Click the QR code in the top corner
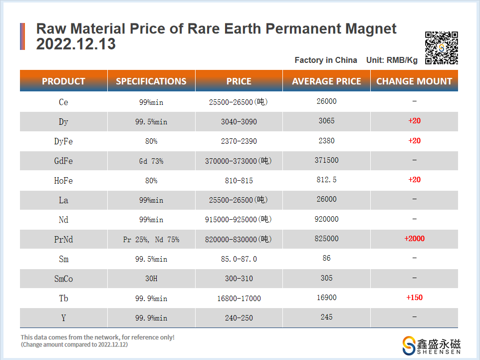pyautogui.click(x=441, y=48)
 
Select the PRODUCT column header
pyautogui.click(x=63, y=81)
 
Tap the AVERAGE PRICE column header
pyautogui.click(x=326, y=81)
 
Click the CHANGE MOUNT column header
pyautogui.click(x=414, y=81)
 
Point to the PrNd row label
pyautogui.click(x=63, y=240)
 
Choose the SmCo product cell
pyautogui.click(x=63, y=279)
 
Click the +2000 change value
pyautogui.click(x=414, y=239)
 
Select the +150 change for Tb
pyautogui.click(x=414, y=298)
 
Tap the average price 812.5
pyautogui.click(x=327, y=180)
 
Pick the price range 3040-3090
pyautogui.click(x=239, y=122)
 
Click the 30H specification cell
pyautogui.click(x=151, y=279)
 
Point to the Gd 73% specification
pyautogui.click(x=151, y=161)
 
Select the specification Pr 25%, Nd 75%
pyautogui.click(x=151, y=240)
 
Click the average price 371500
pyautogui.click(x=327, y=160)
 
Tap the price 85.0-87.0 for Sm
pyautogui.click(x=239, y=259)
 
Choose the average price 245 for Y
pyautogui.click(x=327, y=317)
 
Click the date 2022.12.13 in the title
pyautogui.click(x=76, y=44)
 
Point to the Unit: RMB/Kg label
pyautogui.click(x=392, y=60)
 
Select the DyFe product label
pyautogui.click(x=63, y=141)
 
